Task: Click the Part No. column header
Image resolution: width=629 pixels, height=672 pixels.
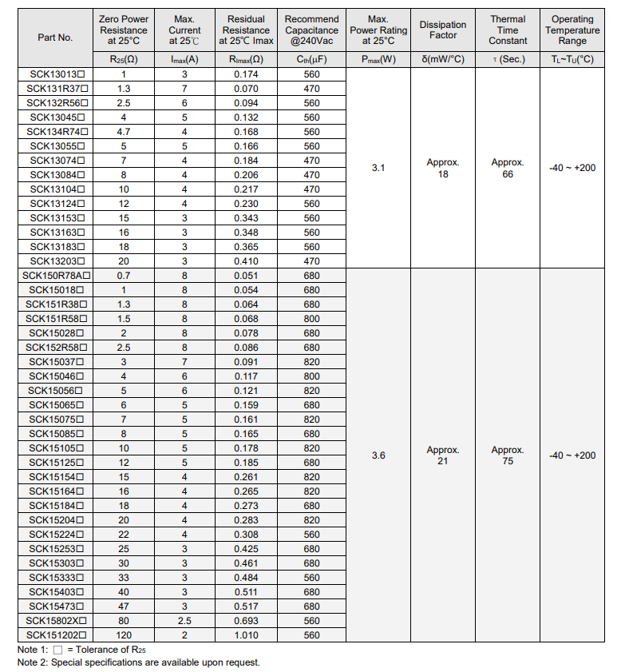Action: click(55, 38)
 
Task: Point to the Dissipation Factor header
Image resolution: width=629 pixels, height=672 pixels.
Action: click(443, 30)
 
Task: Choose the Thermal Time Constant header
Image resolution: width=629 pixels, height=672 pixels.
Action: click(508, 30)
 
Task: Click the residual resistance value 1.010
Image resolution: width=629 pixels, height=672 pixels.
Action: click(246, 635)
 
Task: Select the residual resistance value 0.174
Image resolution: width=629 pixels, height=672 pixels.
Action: click(246, 74)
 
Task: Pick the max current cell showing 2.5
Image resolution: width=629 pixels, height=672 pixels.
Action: click(184, 621)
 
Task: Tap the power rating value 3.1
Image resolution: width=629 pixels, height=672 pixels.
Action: click(378, 168)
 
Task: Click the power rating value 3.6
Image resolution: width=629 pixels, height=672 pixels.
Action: click(378, 455)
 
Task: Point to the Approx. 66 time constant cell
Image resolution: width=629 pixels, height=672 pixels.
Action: click(508, 168)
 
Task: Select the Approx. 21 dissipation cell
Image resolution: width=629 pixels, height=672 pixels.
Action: click(443, 455)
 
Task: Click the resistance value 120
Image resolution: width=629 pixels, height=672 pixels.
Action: click(124, 635)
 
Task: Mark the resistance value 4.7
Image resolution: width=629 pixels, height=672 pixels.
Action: click(124, 132)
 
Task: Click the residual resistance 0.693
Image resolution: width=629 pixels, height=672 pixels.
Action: click(246, 621)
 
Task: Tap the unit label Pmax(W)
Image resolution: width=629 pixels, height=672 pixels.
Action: click(378, 60)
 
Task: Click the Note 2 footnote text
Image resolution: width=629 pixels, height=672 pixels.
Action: click(139, 662)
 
